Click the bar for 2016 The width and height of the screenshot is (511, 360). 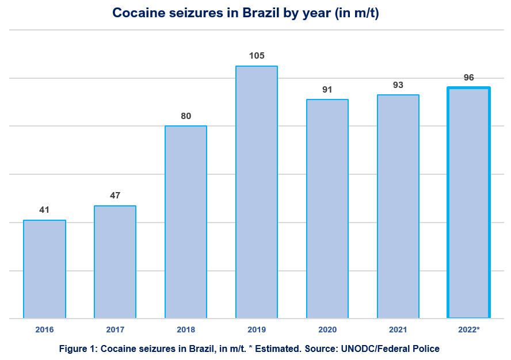coord(44,269)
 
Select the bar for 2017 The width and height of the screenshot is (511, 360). coord(115,262)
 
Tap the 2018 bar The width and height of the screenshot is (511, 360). coord(186,221)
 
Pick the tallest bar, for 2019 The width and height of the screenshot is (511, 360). coord(257,192)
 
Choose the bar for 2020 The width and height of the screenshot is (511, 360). coord(327,208)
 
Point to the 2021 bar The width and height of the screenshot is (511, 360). coord(398,206)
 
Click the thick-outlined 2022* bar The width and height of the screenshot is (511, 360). coord(469,202)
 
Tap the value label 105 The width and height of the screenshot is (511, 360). coord(257,56)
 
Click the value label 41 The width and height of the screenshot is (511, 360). coord(44,210)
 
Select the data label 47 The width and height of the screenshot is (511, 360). coord(115,196)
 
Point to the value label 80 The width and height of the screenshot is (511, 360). coord(186,116)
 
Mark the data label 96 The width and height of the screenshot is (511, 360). coord(469,77)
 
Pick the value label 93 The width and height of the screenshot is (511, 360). coord(398,85)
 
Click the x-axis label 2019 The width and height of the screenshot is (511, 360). coord(257,330)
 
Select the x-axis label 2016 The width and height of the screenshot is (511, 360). coord(44,330)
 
